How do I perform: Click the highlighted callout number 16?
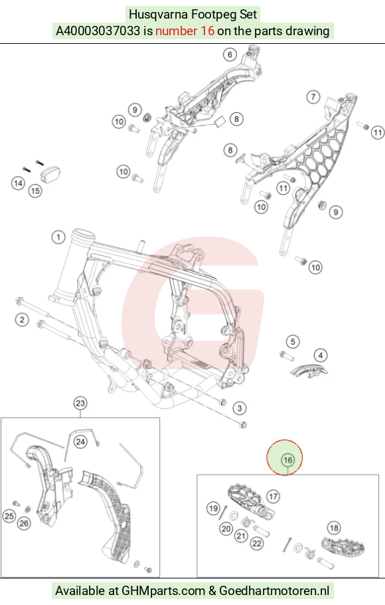point(288,460)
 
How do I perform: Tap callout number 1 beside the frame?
point(58,236)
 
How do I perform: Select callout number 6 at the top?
point(230,54)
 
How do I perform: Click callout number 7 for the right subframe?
point(313,96)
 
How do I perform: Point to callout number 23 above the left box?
point(80,403)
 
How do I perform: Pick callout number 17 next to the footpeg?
point(273,496)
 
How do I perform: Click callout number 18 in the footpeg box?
point(334,527)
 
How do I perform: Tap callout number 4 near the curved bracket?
point(321,355)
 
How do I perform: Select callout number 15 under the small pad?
point(35,191)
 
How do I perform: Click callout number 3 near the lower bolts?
point(240,408)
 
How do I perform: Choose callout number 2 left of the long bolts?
point(22,319)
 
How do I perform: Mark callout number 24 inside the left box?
point(80,442)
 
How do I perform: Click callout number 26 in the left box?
point(24,523)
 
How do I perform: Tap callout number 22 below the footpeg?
point(257,544)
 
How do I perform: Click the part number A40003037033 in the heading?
point(98,31)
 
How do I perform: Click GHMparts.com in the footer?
point(163,591)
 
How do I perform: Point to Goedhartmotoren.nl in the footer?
point(274,591)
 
